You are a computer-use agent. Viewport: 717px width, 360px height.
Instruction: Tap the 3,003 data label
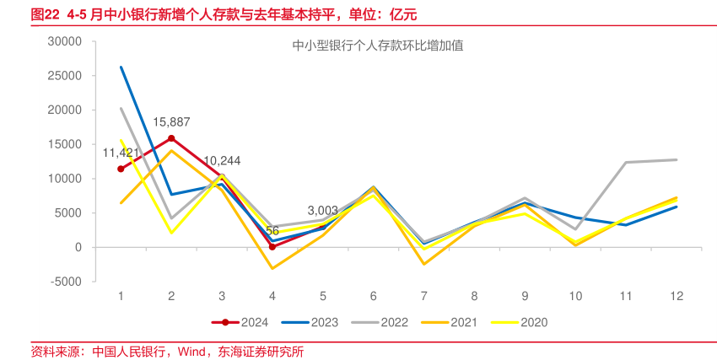[322, 211]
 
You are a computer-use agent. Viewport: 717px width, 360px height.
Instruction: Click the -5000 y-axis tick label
[65, 282]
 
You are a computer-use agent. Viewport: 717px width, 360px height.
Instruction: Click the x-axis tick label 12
[677, 296]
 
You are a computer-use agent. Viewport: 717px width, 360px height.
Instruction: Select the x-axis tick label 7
[424, 296]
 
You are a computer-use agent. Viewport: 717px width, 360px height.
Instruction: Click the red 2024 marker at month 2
[171, 138]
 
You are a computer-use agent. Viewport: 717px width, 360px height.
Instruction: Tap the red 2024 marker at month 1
[121, 169]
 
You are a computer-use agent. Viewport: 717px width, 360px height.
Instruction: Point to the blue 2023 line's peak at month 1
[121, 67]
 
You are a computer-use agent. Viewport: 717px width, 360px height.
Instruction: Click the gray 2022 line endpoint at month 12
[677, 159]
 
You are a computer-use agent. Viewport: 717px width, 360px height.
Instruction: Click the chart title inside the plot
[377, 46]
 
